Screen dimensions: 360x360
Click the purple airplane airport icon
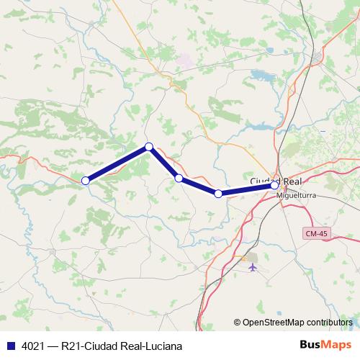pos(252,267)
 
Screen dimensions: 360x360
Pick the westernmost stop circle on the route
pos(85,181)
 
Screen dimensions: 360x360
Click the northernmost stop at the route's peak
pos(149,147)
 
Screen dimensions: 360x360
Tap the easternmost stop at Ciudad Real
pos(274,186)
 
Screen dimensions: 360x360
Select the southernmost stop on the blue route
pos(218,194)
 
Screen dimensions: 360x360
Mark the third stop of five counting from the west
pos(179,178)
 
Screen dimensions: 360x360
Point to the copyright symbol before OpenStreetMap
pos(237,323)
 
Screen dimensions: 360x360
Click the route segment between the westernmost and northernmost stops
pos(117,164)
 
